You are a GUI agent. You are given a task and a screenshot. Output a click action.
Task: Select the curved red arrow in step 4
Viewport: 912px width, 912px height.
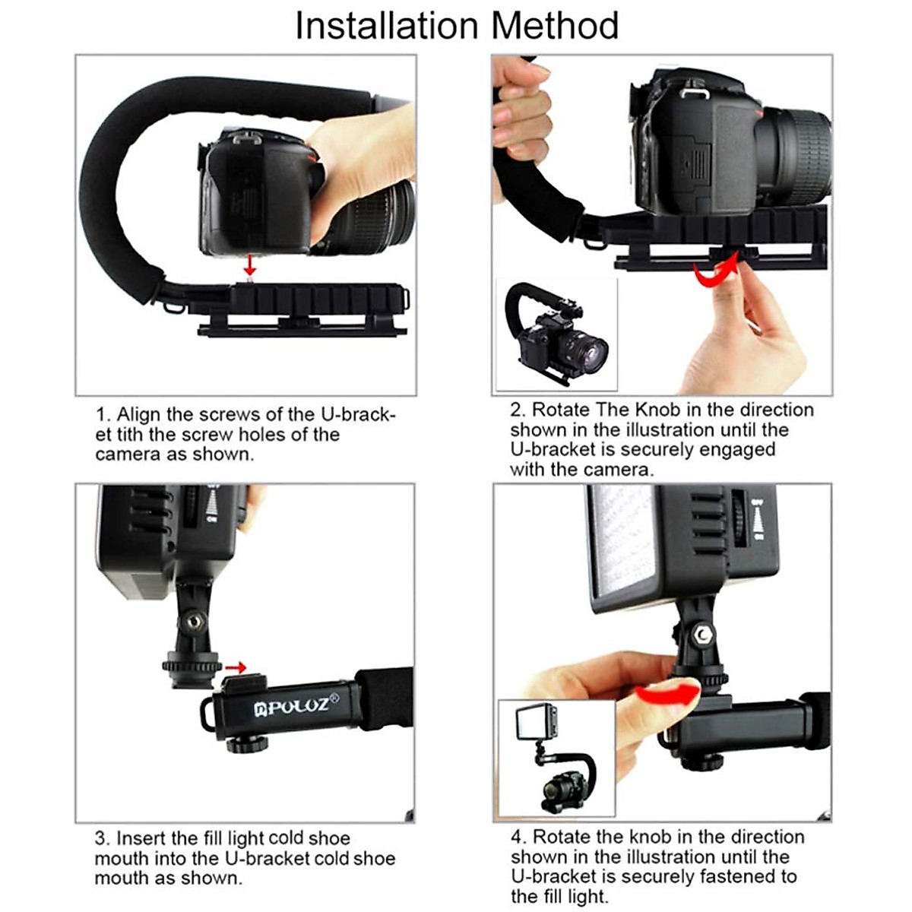point(668,692)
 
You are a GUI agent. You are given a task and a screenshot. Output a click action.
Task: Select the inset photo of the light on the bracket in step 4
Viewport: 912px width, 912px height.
point(556,758)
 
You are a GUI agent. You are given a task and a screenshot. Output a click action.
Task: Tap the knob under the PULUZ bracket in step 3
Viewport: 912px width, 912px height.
point(247,743)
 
